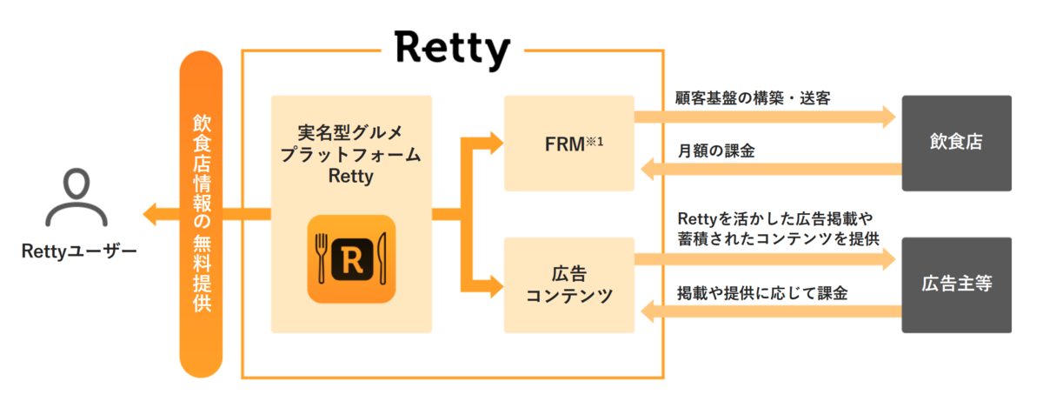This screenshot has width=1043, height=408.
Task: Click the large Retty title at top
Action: click(451, 49)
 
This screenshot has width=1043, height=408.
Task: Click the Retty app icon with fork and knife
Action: click(351, 259)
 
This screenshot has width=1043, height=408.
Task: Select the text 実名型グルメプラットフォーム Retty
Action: click(351, 153)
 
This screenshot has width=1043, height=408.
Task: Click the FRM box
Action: click(568, 144)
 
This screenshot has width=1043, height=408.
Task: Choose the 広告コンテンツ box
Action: click(568, 284)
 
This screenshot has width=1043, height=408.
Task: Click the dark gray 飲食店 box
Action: click(956, 143)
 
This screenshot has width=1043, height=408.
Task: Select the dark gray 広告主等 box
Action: click(956, 284)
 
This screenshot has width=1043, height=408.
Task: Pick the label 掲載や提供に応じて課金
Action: click(761, 293)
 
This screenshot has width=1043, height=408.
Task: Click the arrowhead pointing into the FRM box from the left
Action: click(495, 143)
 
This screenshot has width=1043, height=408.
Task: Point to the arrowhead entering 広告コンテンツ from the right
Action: click(648, 311)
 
